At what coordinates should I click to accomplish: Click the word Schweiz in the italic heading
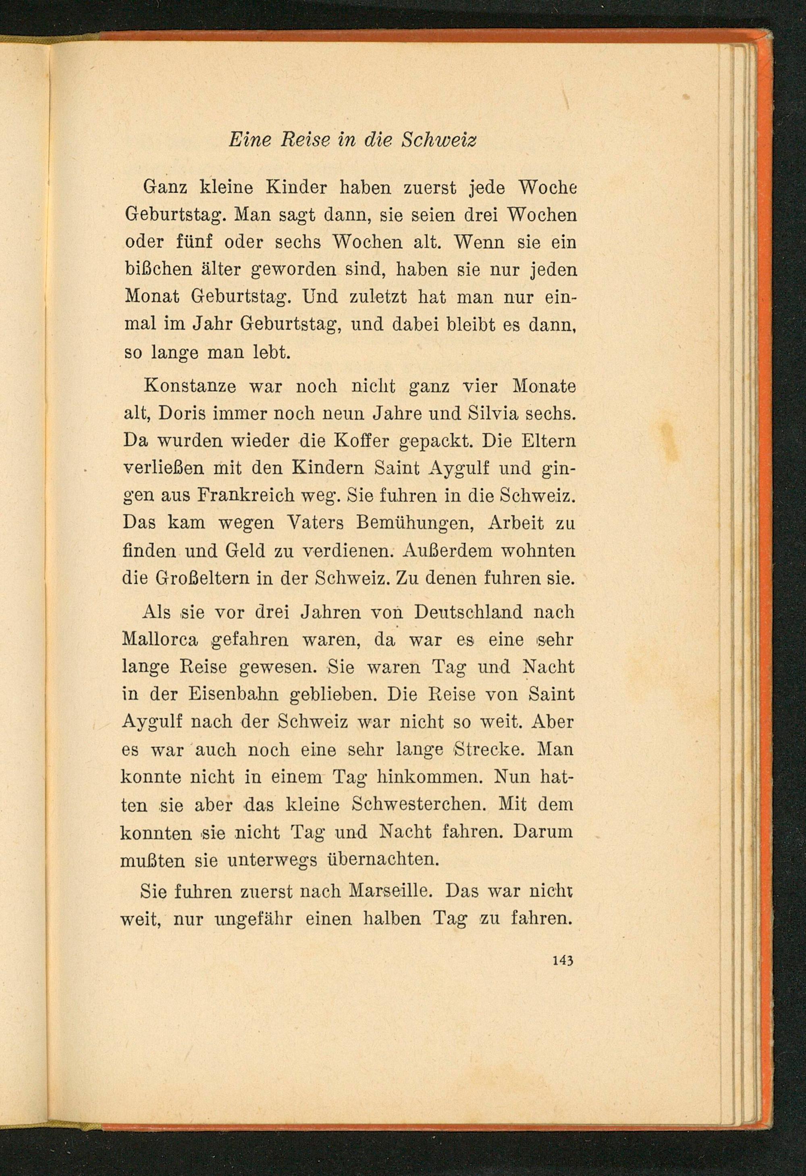coord(438,140)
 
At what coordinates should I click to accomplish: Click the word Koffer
coord(359,441)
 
